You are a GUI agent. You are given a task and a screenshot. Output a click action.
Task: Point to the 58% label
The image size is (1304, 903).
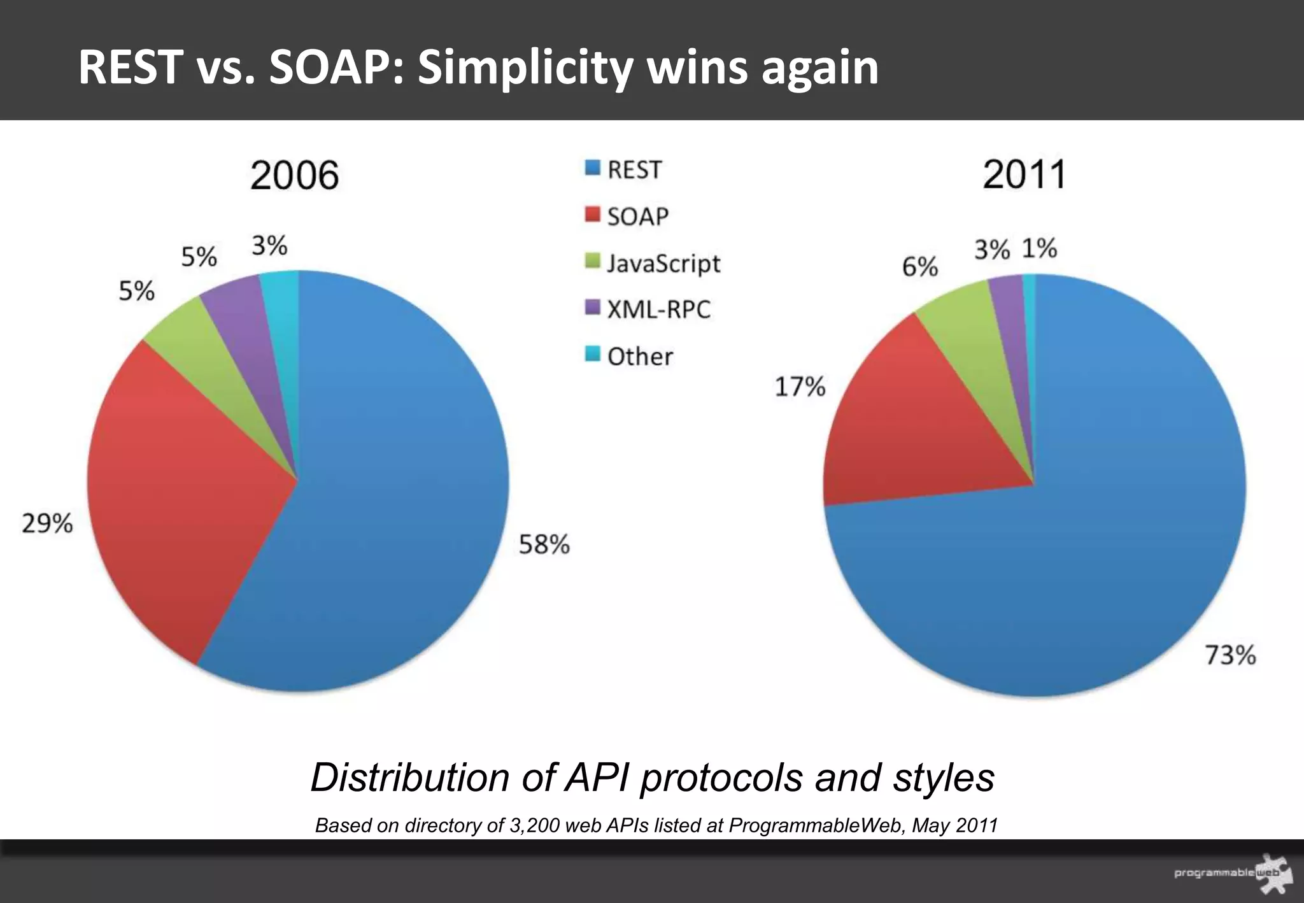[x=544, y=544]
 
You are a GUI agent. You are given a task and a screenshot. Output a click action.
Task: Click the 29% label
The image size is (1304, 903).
[x=47, y=523]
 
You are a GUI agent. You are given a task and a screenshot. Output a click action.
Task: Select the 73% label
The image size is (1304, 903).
[x=1230, y=655]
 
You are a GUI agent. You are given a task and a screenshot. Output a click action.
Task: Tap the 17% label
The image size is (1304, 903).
[x=800, y=387]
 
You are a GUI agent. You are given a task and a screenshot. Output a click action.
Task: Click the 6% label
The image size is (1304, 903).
[x=919, y=267]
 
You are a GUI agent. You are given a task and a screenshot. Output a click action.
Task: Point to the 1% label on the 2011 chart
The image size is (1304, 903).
[x=1039, y=248]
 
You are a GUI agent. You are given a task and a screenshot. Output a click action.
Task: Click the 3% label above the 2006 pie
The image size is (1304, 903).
[x=269, y=246]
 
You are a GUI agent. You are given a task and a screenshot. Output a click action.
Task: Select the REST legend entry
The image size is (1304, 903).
[x=634, y=170]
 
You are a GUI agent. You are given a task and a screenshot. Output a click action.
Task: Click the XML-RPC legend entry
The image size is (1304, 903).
[x=658, y=309]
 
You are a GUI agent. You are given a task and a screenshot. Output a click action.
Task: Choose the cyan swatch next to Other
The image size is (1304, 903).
[x=592, y=354]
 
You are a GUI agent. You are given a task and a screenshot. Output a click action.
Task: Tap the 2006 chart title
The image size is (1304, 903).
[x=294, y=175]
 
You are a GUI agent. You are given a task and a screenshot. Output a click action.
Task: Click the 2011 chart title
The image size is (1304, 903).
[x=1024, y=174]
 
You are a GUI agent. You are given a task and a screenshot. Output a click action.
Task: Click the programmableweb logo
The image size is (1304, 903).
[x=1232, y=873]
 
